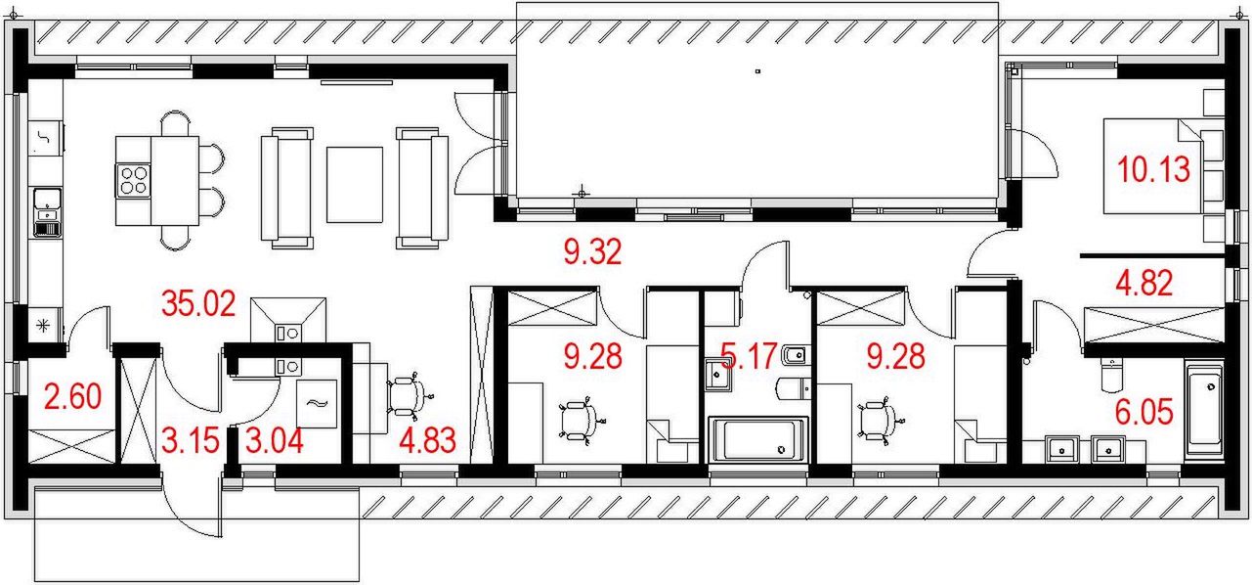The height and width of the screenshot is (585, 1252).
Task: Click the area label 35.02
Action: [x=197, y=303]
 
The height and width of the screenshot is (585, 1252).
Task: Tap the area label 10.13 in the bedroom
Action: [x=1154, y=170]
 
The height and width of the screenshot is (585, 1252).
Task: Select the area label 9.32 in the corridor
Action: [x=592, y=254]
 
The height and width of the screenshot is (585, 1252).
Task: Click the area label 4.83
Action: [x=428, y=440]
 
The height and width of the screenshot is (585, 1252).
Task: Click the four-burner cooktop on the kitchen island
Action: [x=134, y=180]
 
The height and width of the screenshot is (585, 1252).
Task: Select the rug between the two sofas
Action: [x=355, y=183]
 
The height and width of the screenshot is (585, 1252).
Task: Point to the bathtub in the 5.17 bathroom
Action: [x=757, y=439]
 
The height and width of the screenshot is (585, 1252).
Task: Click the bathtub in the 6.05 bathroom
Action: [x=1203, y=411]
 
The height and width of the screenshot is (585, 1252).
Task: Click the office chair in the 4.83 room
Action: [x=407, y=396]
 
